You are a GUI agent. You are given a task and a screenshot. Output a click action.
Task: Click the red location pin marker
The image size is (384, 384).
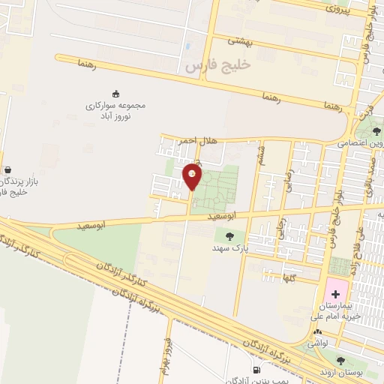(192, 176)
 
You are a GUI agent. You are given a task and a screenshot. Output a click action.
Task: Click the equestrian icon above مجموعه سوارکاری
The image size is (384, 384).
(115, 94)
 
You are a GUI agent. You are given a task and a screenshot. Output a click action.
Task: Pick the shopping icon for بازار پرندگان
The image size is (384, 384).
(7, 169)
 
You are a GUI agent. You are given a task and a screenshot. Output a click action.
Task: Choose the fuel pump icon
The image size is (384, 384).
(257, 370)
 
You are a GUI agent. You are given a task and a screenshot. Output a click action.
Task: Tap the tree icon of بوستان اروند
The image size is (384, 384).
(341, 361)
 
